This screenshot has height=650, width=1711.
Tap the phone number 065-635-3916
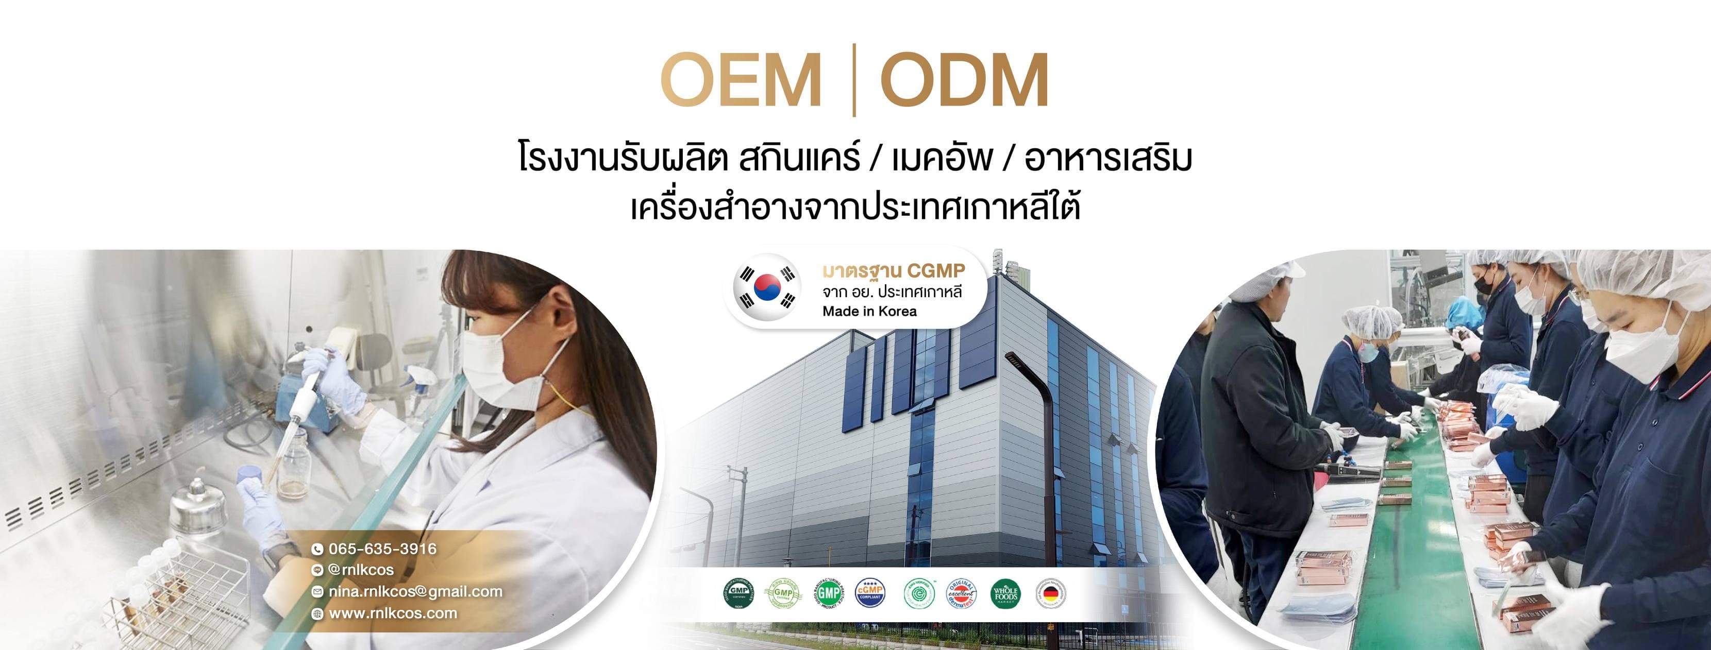(x=382, y=549)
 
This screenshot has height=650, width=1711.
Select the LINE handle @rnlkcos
(x=361, y=570)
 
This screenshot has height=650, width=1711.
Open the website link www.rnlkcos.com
(x=393, y=613)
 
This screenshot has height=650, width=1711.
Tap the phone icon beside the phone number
(x=317, y=549)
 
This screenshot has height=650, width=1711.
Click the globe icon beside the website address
(x=317, y=613)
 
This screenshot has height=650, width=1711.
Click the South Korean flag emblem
(x=767, y=287)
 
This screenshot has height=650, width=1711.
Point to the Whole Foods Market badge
(x=1005, y=593)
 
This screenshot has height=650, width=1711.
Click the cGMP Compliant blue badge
(x=870, y=592)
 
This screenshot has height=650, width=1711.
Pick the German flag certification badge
(x=1050, y=593)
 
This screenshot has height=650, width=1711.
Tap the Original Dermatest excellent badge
(x=961, y=593)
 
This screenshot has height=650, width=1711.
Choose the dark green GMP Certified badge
(x=739, y=593)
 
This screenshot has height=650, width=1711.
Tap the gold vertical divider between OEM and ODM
(x=853, y=80)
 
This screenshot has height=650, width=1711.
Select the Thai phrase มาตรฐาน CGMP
(x=893, y=271)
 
